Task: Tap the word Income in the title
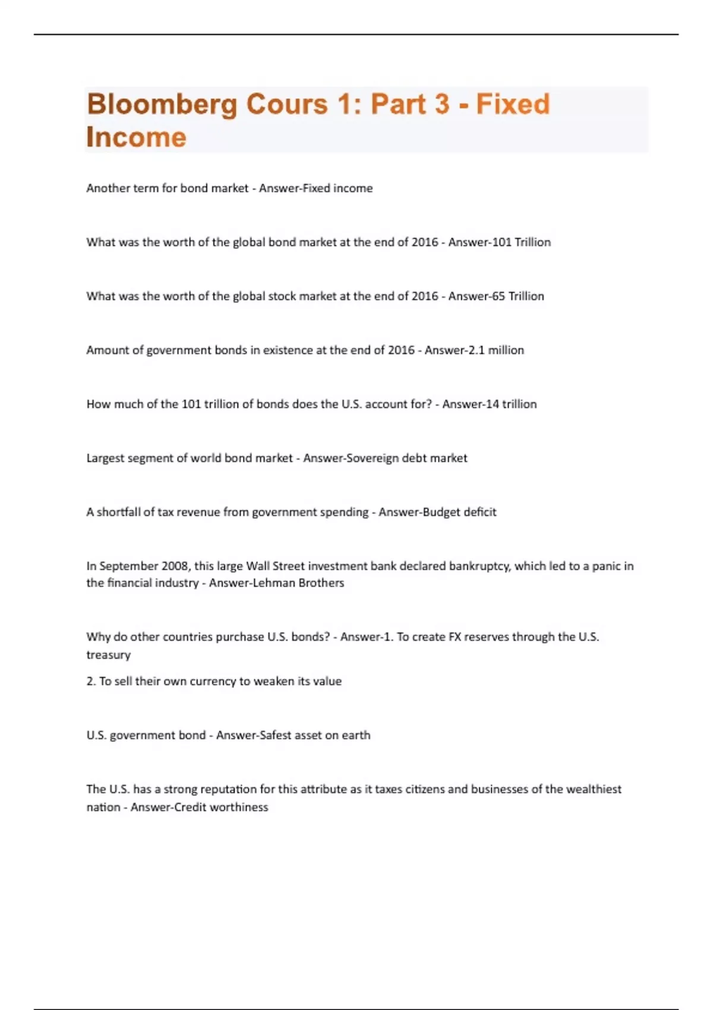(136, 137)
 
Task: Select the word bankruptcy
(479, 566)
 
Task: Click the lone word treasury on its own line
(108, 655)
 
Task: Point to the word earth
(356, 736)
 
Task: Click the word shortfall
(118, 512)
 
